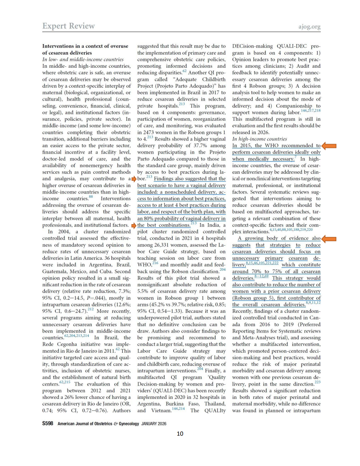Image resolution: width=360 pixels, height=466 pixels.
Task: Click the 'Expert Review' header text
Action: [x=68, y=26]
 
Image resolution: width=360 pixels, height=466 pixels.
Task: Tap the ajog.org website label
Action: [x=309, y=26]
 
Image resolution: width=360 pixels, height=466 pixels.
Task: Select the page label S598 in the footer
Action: [x=48, y=423]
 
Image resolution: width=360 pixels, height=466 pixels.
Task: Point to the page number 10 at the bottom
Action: [x=180, y=434]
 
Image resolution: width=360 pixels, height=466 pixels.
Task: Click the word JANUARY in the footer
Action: [x=149, y=424]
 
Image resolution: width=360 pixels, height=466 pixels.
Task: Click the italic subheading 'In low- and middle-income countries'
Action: [x=83, y=59]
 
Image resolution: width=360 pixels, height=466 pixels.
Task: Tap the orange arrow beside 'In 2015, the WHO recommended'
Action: [x=329, y=146]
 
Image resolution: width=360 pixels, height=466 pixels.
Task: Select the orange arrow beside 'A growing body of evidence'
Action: [x=329, y=239]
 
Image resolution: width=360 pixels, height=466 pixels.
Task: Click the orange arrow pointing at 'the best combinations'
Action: [x=134, y=226]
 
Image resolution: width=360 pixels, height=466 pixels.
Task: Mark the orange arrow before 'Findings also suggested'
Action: [x=134, y=179]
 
